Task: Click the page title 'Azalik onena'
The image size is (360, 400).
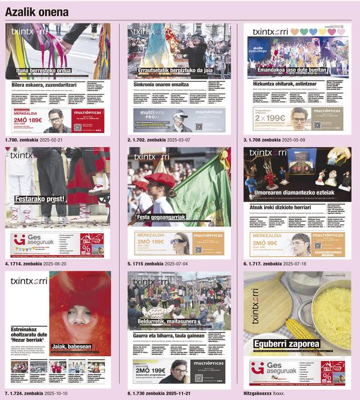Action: point(37,11)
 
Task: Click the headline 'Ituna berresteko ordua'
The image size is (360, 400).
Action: point(44,71)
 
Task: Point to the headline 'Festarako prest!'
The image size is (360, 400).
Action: point(38,199)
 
